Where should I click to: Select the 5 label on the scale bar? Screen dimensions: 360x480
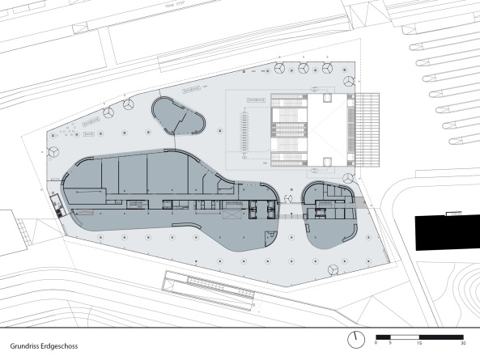point(392,343)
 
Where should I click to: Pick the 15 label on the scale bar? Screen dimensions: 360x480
point(419,343)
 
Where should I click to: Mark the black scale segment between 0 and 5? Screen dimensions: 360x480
point(384,335)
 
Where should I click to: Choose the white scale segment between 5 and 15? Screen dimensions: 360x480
point(406,335)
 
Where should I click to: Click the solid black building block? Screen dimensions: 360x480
point(446,234)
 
